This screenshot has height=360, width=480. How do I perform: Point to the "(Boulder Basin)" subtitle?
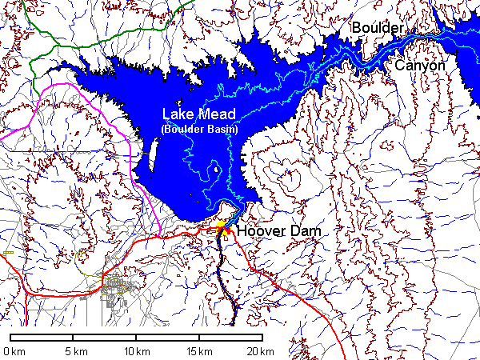(x=199, y=129)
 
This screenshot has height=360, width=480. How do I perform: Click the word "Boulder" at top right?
(x=378, y=28)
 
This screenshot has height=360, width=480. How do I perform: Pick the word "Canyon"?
(x=419, y=66)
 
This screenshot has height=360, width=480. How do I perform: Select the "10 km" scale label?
(x=137, y=351)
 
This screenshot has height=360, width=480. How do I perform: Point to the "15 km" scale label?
(x=199, y=351)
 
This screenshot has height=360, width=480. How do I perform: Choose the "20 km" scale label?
(x=261, y=351)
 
